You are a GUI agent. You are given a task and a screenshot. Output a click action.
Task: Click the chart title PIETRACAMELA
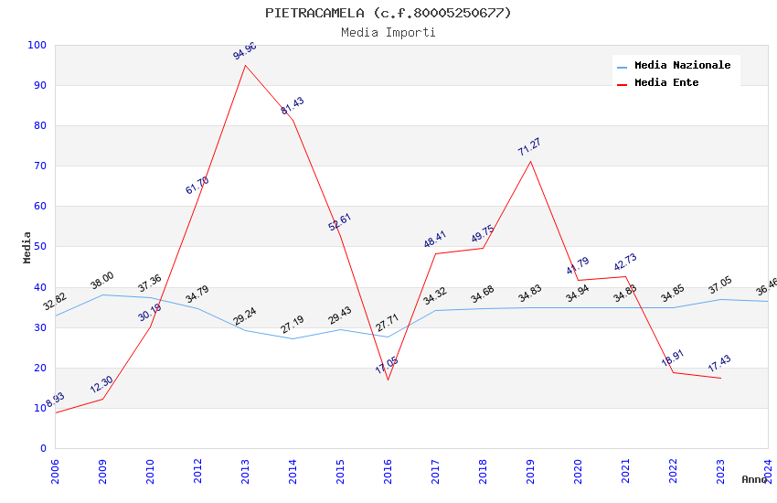pos(388,13)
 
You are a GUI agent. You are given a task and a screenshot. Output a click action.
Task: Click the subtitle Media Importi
pos(388,32)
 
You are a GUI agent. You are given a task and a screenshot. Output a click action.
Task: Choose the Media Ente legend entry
pos(666,82)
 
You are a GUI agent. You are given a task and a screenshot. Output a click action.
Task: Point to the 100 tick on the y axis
pos(37,45)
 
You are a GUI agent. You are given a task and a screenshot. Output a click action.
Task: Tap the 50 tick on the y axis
pos(39,246)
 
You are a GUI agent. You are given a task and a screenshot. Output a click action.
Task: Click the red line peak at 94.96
pos(245,65)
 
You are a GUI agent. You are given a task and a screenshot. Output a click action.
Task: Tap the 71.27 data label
pos(529,146)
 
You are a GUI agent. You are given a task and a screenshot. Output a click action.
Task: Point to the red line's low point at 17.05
pos(388,380)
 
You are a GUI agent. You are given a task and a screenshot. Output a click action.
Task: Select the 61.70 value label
pos(197,186)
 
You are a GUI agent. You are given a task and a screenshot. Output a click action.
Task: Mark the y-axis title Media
pos(27,247)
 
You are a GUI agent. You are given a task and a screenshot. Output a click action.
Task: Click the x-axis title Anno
pos(754,479)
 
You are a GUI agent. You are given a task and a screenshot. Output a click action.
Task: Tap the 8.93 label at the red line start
pos(55,400)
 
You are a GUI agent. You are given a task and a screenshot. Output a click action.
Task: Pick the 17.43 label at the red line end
pos(719,363)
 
